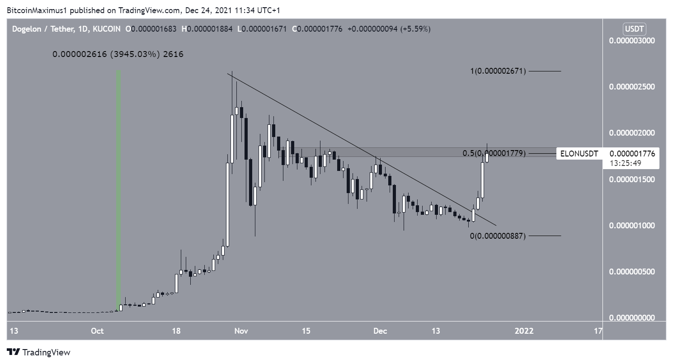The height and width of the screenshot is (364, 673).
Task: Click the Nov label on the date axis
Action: tap(241, 331)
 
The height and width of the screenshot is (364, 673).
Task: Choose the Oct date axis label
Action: tap(98, 331)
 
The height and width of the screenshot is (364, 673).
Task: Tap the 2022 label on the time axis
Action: tap(523, 331)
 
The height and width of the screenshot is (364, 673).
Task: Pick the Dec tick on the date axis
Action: tap(380, 331)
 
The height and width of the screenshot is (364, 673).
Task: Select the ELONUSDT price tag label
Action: tap(579, 154)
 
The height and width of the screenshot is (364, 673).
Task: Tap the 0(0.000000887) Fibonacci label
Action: tap(497, 236)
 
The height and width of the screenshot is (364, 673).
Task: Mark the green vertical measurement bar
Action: tap(119, 190)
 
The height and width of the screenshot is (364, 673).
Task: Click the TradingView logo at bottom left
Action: tap(39, 352)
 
